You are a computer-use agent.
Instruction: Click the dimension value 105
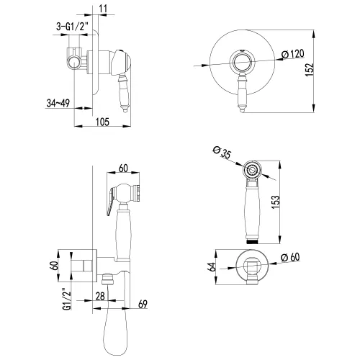pos(102,122)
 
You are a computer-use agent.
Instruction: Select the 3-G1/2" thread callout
pos(71,27)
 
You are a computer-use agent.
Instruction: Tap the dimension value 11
pos(103,9)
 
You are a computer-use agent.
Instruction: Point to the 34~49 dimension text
pos(58,103)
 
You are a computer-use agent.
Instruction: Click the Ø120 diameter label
pos(293,54)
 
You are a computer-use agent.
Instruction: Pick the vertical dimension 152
pos(310,70)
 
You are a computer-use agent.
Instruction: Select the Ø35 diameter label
pos(222,152)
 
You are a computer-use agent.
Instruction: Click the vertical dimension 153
pos(276,202)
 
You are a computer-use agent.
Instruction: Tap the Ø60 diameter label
pos(291,257)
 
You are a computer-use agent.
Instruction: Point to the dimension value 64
pos(212,267)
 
